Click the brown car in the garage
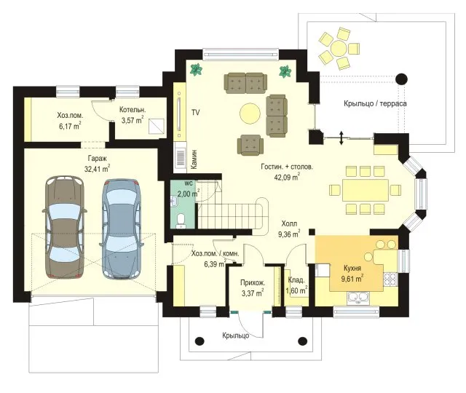(65, 227)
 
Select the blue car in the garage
(122, 229)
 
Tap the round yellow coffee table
(250, 113)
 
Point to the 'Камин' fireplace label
(194, 159)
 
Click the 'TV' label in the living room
(195, 112)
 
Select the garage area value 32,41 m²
(97, 169)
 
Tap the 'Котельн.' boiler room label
(133, 110)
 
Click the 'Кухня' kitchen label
(352, 268)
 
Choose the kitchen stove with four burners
(390, 279)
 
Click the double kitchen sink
(358, 298)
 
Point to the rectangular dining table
(366, 190)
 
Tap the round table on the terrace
(339, 48)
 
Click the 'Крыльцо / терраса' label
(375, 103)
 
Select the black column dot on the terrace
(401, 79)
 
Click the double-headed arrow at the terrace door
(341, 138)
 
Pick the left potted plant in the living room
(196, 70)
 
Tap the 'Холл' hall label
(289, 223)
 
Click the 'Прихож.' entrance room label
(253, 283)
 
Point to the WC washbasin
(173, 202)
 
